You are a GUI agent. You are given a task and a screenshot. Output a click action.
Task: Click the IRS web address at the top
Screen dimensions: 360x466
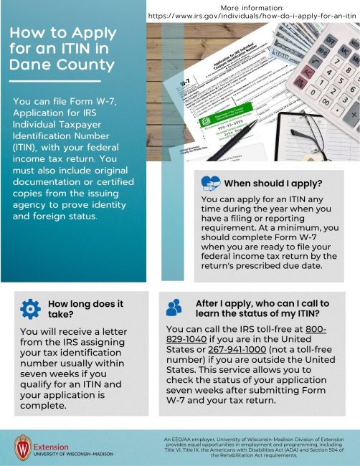[x=253, y=15]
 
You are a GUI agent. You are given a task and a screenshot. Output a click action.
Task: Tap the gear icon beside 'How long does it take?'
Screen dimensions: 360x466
[x=30, y=309]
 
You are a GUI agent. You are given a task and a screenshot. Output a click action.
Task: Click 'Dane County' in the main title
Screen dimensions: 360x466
[x=63, y=65]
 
